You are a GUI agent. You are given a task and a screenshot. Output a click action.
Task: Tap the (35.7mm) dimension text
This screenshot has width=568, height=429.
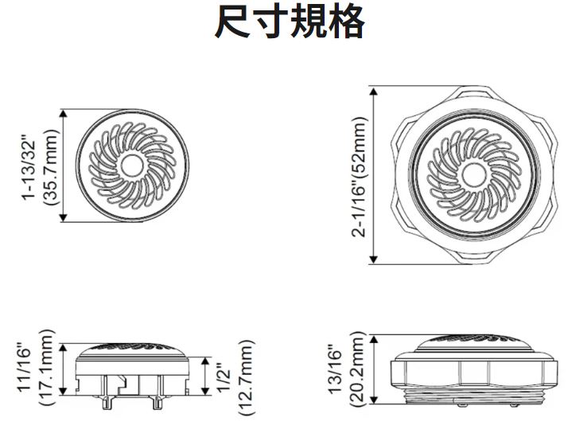[50, 167]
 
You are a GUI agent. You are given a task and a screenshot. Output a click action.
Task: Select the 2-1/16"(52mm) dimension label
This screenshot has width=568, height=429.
[359, 177]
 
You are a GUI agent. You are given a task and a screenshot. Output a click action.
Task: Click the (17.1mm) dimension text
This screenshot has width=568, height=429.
[47, 368]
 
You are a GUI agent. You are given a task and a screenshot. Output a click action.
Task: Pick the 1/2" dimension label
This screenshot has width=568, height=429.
[225, 379]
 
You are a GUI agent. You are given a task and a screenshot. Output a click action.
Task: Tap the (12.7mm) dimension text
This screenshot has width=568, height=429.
[247, 377]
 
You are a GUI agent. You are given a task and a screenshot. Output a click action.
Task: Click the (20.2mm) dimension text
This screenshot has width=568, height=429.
[356, 369]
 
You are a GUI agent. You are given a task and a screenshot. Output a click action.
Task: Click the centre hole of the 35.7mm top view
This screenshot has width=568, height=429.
[132, 166]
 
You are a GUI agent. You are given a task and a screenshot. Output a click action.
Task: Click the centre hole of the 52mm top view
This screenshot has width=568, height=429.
[474, 175]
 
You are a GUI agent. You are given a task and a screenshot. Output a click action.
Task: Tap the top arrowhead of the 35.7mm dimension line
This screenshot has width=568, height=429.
[64, 113]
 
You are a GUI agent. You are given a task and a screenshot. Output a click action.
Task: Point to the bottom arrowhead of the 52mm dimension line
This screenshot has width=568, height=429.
[374, 259]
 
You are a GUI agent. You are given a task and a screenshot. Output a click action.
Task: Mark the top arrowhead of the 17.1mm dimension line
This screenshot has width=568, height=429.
[63, 348]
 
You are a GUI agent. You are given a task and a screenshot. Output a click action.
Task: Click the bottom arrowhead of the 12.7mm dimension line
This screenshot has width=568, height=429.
[205, 391]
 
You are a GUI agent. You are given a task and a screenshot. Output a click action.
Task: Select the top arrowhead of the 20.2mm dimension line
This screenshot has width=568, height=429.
[374, 339]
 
